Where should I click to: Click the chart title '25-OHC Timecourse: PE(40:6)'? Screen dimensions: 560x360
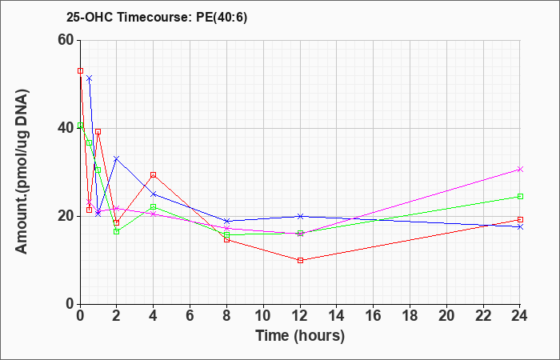point(157,18)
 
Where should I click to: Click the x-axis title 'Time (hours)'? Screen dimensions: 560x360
point(300,336)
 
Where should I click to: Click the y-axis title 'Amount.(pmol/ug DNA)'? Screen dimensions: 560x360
point(22,172)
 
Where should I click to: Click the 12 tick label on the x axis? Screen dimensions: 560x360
point(300,315)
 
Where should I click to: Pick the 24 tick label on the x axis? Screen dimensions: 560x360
point(520,315)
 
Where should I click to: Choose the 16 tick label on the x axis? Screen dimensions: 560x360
point(374,315)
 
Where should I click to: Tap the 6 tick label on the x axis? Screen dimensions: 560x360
point(190,315)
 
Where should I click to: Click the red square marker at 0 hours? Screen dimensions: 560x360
point(80,70)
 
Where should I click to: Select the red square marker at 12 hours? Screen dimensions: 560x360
point(300,260)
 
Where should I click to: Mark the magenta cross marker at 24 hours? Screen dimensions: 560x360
point(520,170)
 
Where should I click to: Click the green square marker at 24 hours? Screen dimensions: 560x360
point(520,197)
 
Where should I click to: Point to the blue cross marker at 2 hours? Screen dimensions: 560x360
point(117,158)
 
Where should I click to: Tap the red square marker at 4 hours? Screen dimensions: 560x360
point(154,174)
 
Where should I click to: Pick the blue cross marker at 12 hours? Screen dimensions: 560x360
point(300,216)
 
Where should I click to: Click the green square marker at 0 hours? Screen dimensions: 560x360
point(80,126)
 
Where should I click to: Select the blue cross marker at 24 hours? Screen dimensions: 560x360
point(520,226)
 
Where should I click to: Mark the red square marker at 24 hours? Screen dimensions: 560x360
point(520,220)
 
